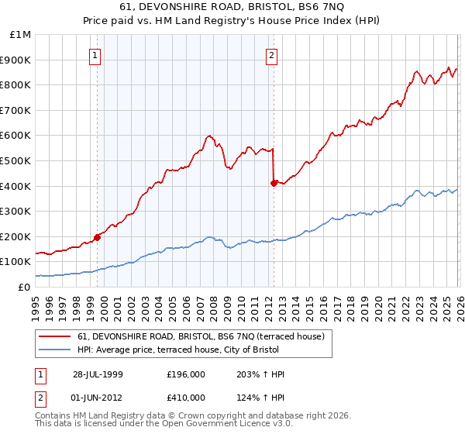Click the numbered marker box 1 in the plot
click(95, 55)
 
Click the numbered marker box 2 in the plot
click(273, 55)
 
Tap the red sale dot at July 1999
click(98, 237)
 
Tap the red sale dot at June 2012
click(274, 183)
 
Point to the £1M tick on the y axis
click(21, 35)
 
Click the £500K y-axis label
click(18, 161)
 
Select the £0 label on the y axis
click(25, 287)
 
